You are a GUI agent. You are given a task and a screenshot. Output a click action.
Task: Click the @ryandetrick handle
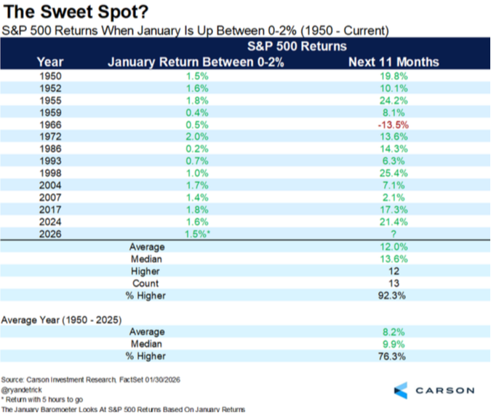23,390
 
